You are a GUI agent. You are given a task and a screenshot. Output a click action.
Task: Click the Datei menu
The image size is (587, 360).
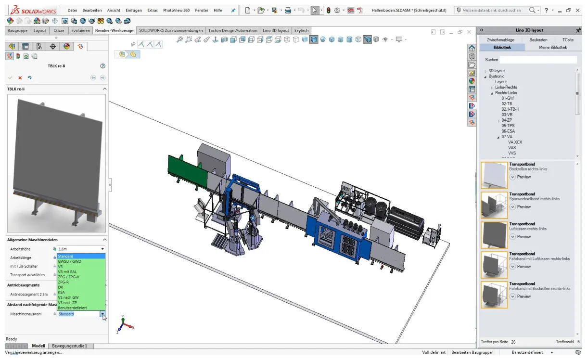[x=72, y=10]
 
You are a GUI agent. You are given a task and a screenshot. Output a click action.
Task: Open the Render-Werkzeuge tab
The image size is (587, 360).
[x=114, y=30]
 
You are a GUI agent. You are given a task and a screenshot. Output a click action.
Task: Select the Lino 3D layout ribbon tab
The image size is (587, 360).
[x=276, y=30]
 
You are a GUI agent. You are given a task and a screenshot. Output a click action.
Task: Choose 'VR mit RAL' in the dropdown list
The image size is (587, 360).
[x=67, y=272]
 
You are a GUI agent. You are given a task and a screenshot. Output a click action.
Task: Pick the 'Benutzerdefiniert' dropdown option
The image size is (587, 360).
[x=72, y=308]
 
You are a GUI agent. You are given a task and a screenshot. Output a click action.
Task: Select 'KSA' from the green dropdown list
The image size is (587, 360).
[x=62, y=292]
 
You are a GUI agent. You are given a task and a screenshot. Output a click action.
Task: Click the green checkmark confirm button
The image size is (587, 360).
[x=10, y=77]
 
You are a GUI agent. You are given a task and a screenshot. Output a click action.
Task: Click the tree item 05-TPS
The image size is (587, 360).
[x=508, y=126]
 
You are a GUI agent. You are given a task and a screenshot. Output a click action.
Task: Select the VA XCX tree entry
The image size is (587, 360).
[x=515, y=142]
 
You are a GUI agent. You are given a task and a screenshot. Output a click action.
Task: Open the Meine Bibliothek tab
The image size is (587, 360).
[x=553, y=47]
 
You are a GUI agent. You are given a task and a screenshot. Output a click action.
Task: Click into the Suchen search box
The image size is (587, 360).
[x=537, y=60]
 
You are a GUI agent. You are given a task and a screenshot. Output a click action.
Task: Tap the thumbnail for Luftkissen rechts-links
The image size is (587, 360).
[x=494, y=235]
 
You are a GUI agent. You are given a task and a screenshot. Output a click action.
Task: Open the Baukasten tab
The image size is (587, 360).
[x=538, y=39]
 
